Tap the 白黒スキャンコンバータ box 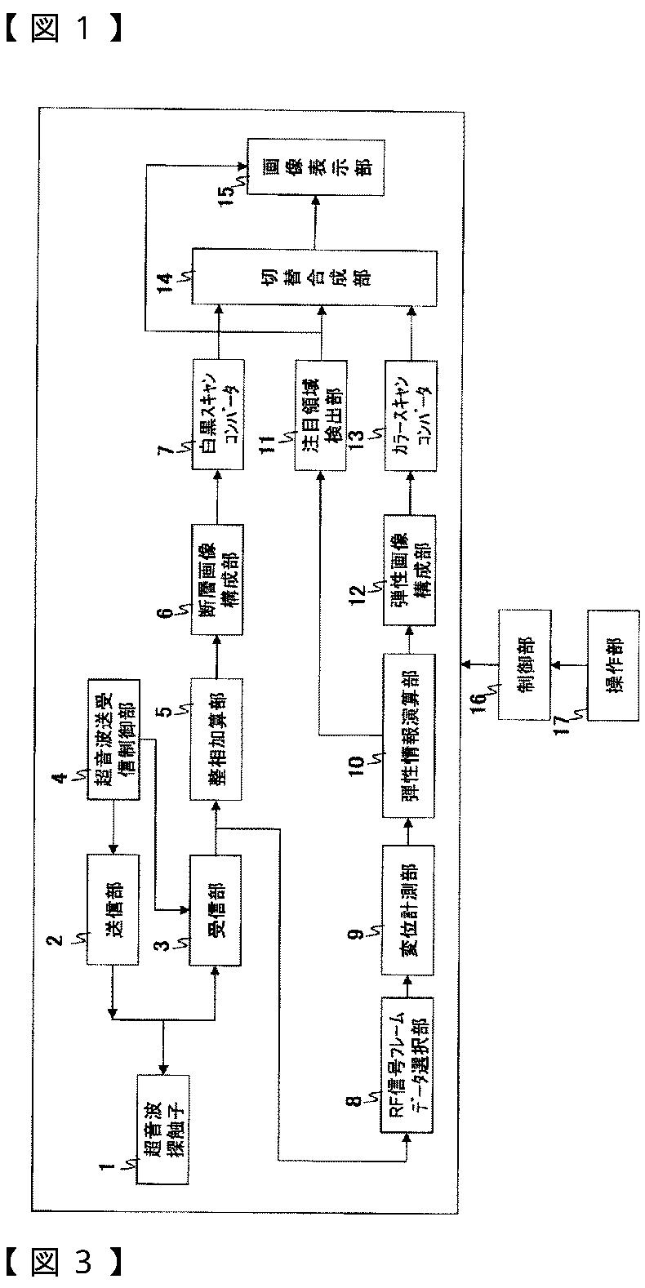[x=218, y=417]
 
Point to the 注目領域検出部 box [x=321, y=417]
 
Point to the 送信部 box [x=113, y=910]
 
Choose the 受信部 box [x=217, y=910]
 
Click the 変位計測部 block [x=407, y=910]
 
